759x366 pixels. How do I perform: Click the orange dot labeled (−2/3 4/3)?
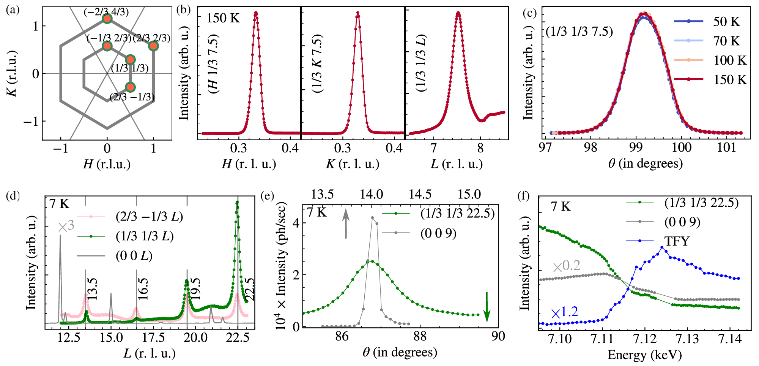click(107, 19)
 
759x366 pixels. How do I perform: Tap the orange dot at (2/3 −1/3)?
click(130, 87)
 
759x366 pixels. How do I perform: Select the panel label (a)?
click(13, 10)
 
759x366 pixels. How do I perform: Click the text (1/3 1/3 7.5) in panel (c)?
click(579, 32)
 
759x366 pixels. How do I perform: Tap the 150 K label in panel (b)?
click(223, 18)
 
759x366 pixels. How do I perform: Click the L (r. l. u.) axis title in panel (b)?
click(457, 164)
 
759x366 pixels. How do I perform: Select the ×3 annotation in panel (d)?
click(66, 227)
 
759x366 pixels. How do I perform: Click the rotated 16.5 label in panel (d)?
click(143, 289)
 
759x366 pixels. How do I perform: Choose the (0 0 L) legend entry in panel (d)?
click(134, 256)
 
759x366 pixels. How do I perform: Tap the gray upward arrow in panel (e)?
click(346, 224)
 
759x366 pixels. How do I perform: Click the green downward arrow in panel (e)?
click(487, 307)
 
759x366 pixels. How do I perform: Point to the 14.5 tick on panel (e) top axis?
click(420, 194)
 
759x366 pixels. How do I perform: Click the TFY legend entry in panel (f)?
click(677, 241)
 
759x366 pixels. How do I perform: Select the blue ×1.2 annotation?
click(564, 312)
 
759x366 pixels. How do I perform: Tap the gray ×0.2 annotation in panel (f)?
click(566, 266)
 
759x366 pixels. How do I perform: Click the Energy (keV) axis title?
click(644, 355)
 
